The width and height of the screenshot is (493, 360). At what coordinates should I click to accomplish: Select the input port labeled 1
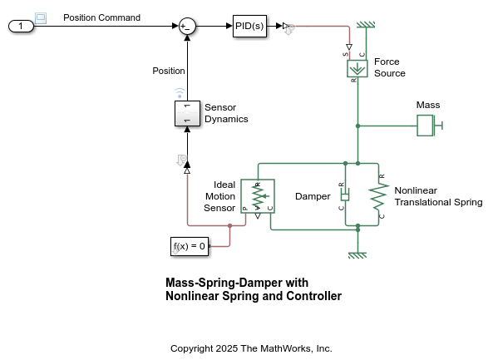(x=20, y=27)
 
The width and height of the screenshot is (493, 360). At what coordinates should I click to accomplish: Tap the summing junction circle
(x=187, y=27)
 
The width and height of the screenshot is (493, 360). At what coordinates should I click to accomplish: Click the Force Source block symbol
(x=357, y=69)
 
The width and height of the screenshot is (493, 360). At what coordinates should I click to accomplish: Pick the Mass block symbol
(x=426, y=126)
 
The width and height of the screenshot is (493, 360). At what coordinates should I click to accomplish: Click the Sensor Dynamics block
(x=187, y=113)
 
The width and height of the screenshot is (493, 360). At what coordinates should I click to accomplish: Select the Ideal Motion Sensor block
(x=257, y=195)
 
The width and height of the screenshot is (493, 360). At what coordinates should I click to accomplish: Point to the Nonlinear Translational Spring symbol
(x=378, y=195)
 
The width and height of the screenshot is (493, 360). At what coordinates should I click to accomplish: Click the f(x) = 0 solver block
(x=189, y=246)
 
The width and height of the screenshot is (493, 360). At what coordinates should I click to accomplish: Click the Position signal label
(x=169, y=71)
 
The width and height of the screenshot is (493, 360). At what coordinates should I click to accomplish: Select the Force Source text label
(x=390, y=67)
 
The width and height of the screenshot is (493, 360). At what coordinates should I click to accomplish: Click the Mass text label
(x=428, y=105)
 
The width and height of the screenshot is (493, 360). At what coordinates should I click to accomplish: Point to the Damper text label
(x=313, y=196)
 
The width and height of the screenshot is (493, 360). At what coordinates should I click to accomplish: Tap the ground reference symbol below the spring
(x=357, y=254)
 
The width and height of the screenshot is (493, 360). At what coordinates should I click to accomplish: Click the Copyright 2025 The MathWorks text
(x=251, y=348)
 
